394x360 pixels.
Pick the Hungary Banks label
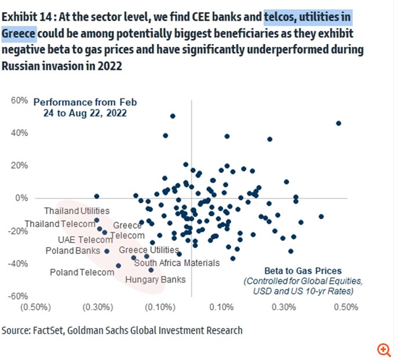click(x=159, y=280)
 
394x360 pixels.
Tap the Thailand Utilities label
click(x=76, y=211)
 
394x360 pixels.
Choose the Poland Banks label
click(x=72, y=251)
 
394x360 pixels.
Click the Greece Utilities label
click(x=149, y=250)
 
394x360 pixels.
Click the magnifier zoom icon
click(x=384, y=349)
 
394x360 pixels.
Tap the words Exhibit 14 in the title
click(x=24, y=16)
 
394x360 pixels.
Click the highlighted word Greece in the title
click(x=19, y=33)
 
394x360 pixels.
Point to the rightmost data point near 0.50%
click(x=338, y=123)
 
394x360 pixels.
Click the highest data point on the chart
click(x=173, y=116)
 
